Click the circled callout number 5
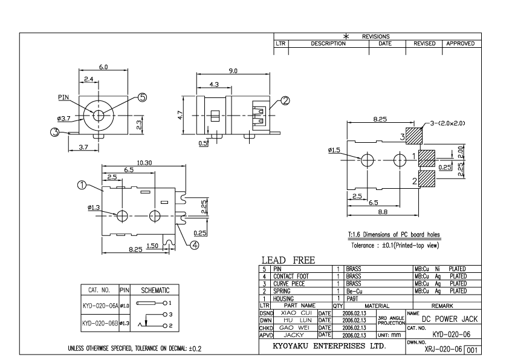coord(143,97)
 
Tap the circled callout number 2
coord(285,100)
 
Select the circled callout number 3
coord(55,133)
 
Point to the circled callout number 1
coord(82,185)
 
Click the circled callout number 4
coord(194,245)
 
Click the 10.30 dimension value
coord(144,163)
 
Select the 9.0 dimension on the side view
coord(233,71)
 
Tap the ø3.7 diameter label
coord(63,119)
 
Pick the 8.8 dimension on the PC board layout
coord(383,212)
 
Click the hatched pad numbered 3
coord(414,136)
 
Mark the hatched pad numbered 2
coord(427,178)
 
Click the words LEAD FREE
coord(288,260)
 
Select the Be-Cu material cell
coord(354,291)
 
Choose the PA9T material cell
coord(352,299)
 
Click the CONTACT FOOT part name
coord(291,276)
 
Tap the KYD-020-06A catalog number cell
coord(100,306)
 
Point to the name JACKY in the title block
coord(294,335)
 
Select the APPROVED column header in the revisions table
coord(460,44)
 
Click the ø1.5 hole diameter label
coord(334,150)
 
